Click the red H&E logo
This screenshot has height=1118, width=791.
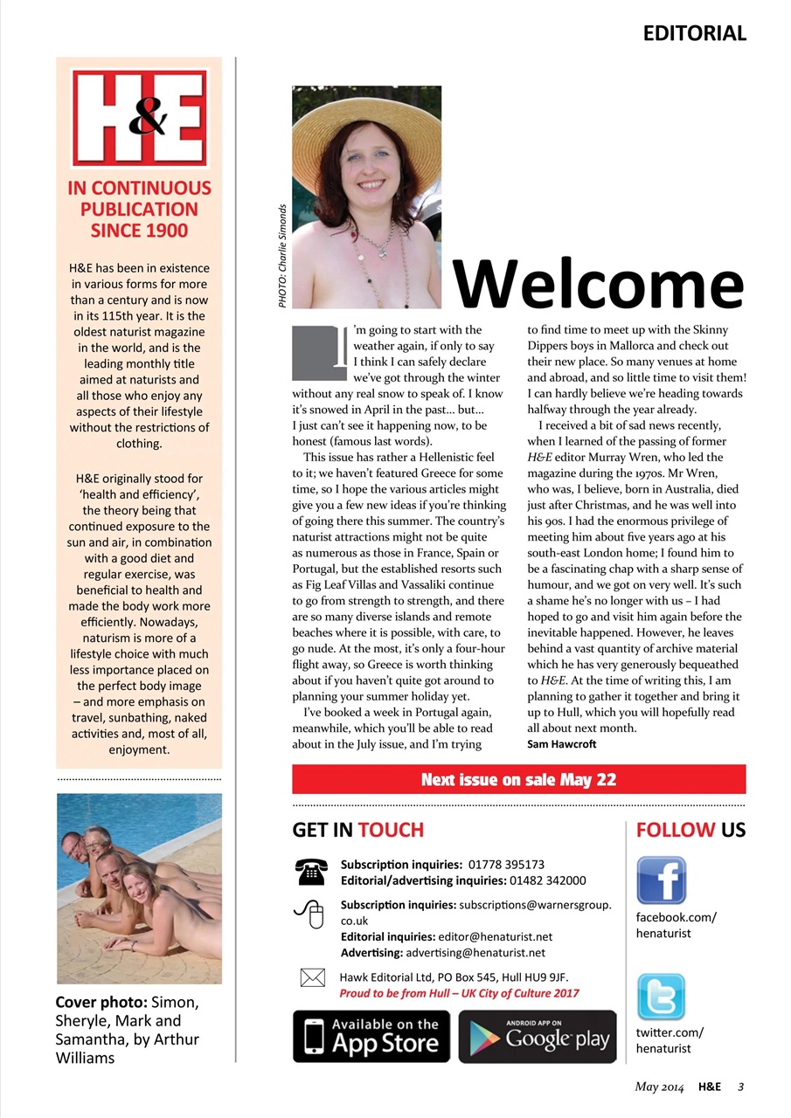[139, 117]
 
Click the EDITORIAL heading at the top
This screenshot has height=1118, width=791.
[694, 34]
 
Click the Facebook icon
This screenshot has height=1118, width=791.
[661, 879]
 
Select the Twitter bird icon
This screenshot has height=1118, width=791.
[661, 997]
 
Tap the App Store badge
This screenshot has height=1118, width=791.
[371, 1036]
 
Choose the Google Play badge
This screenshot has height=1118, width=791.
[538, 1036]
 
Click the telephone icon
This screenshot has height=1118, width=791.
[310, 872]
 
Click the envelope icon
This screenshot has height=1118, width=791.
[312, 977]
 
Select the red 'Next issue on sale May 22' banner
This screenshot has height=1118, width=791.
[518, 779]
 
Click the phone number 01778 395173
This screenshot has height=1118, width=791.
[506, 865]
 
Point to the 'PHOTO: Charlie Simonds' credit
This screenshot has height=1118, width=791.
[282, 255]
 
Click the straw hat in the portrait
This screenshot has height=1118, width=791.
[366, 122]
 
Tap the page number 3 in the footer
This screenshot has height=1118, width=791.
[740, 1087]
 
